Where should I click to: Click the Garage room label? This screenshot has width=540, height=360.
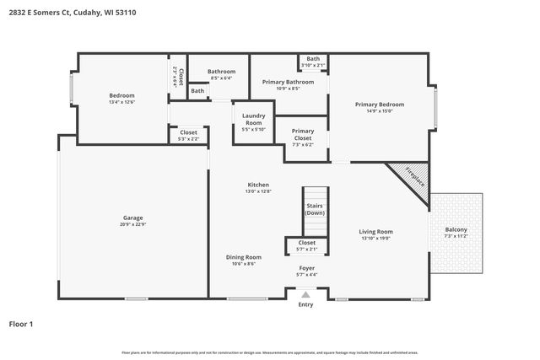pyautogui.click(x=133, y=218)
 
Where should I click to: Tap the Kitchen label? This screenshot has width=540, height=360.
pyautogui.click(x=258, y=185)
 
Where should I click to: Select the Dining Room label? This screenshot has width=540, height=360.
pyautogui.click(x=243, y=256)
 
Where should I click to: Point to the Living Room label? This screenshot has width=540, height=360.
pyautogui.click(x=375, y=231)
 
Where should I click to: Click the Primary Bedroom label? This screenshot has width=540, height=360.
pyautogui.click(x=379, y=105)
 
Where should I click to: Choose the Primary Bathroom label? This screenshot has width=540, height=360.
pyautogui.click(x=289, y=82)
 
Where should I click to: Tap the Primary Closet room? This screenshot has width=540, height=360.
pyautogui.click(x=302, y=134)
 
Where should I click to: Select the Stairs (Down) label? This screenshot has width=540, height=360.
pyautogui.click(x=314, y=209)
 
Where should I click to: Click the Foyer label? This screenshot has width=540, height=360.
pyautogui.click(x=307, y=268)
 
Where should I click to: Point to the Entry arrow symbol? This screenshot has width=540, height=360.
pyautogui.click(x=305, y=294)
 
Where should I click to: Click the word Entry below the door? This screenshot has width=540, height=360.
pyautogui.click(x=305, y=304)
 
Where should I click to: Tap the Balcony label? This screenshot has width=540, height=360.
pyautogui.click(x=456, y=230)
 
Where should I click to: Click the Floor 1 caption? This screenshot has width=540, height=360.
pyautogui.click(x=21, y=323)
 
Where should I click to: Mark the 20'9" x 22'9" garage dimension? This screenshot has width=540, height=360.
pyautogui.click(x=133, y=224)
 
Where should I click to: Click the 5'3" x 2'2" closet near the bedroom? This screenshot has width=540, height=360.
pyautogui.click(x=189, y=138)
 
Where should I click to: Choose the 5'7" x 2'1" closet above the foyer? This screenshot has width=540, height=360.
pyautogui.click(x=307, y=249)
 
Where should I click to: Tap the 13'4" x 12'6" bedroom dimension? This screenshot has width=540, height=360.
pyautogui.click(x=121, y=102)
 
